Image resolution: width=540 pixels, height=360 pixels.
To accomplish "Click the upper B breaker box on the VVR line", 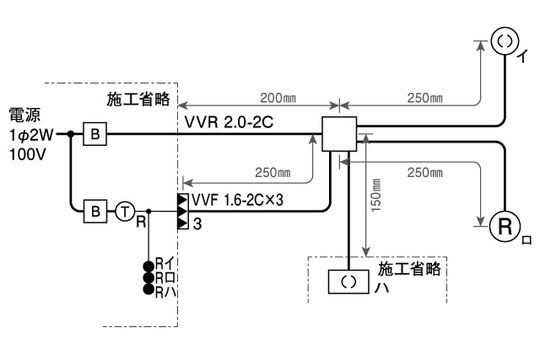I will (x=94, y=132).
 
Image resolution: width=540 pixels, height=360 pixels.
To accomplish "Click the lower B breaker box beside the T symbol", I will (x=94, y=210).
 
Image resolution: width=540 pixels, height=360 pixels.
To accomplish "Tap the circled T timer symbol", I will (x=124, y=211).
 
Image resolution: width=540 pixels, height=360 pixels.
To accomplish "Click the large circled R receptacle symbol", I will (x=505, y=226).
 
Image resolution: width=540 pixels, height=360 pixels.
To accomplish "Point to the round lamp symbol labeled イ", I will (x=505, y=40).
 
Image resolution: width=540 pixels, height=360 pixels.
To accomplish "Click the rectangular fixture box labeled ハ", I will (x=348, y=282).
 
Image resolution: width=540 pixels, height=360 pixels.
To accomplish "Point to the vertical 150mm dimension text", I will (x=376, y=193).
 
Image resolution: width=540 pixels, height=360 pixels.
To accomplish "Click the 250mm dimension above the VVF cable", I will (x=273, y=172).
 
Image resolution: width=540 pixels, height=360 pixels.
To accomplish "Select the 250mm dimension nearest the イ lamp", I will (x=424, y=97).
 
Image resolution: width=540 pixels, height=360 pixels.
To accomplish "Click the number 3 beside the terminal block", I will (x=196, y=223).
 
